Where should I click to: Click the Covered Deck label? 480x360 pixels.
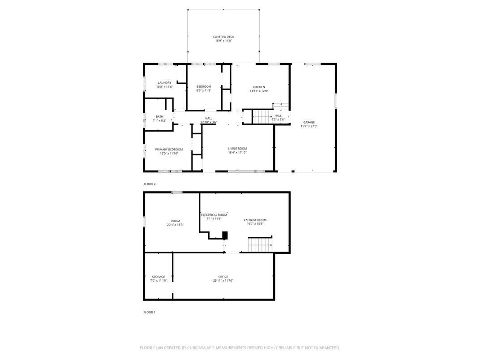223,37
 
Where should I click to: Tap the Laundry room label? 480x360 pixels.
164,83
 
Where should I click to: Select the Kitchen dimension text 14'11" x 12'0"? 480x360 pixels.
259,91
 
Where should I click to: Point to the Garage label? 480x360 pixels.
309,122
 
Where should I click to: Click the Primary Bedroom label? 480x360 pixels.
169,150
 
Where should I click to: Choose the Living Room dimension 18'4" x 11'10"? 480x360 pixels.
237,152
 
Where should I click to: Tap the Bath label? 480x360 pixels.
159,116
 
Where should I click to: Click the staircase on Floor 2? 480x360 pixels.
262,116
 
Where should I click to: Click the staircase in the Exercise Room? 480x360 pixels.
260,244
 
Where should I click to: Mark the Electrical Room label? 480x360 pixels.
214,215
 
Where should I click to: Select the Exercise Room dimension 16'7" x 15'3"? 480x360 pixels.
255,224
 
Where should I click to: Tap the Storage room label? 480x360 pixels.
159,277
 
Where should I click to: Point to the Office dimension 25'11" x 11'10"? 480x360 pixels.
223,281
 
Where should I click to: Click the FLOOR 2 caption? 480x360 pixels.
150,184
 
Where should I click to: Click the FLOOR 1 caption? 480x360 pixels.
150,312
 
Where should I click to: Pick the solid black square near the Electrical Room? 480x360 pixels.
225,235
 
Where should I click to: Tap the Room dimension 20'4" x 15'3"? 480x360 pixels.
176,225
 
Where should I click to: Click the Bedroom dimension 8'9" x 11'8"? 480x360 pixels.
204,90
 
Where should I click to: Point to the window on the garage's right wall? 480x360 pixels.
335,101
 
